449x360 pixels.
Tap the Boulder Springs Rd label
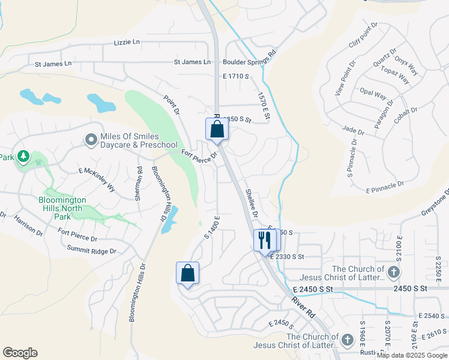click(x=249, y=61)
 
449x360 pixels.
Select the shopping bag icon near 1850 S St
click(x=217, y=129)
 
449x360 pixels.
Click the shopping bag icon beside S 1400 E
click(x=187, y=273)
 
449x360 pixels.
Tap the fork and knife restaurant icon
click(x=265, y=241)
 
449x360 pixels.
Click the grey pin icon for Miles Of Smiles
click(x=91, y=140)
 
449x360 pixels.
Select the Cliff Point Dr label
click(x=363, y=36)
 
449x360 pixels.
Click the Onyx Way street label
click(x=406, y=66)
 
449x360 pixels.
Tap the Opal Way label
click(x=373, y=94)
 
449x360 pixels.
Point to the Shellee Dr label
click(x=252, y=203)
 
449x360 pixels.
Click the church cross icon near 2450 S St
click(x=393, y=273)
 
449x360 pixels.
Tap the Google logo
click(x=20, y=353)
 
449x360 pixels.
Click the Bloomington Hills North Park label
click(x=63, y=208)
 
